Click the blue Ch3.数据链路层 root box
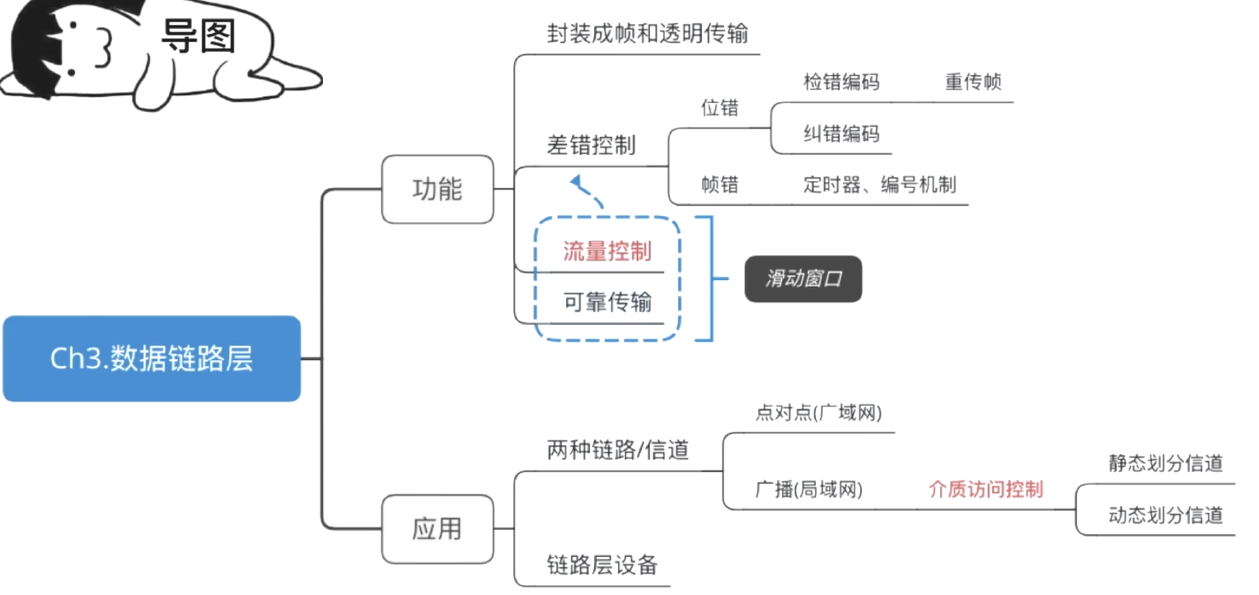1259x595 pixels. tap(152, 359)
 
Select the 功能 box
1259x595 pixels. tap(438, 190)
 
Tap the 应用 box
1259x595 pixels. tap(438, 528)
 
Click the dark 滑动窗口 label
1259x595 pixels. tap(803, 279)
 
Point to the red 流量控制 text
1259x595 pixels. tap(607, 251)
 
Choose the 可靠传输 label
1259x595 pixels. tap(607, 302)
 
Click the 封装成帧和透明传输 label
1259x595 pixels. tap(648, 34)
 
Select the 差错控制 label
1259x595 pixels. tap(591, 145)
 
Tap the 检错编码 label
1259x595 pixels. tap(841, 82)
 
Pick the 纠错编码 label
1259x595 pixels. tap(841, 134)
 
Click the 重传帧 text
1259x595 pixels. tap(973, 82)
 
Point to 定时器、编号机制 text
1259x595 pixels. tap(880, 185)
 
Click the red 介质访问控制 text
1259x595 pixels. tap(985, 490)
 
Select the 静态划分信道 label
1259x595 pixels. tap(1165, 463)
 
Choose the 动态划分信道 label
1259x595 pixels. tap(1165, 516)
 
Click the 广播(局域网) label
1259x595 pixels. tap(808, 490)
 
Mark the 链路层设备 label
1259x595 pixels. tap(602, 565)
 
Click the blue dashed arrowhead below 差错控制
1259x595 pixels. tap(577, 180)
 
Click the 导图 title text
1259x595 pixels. tap(198, 36)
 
